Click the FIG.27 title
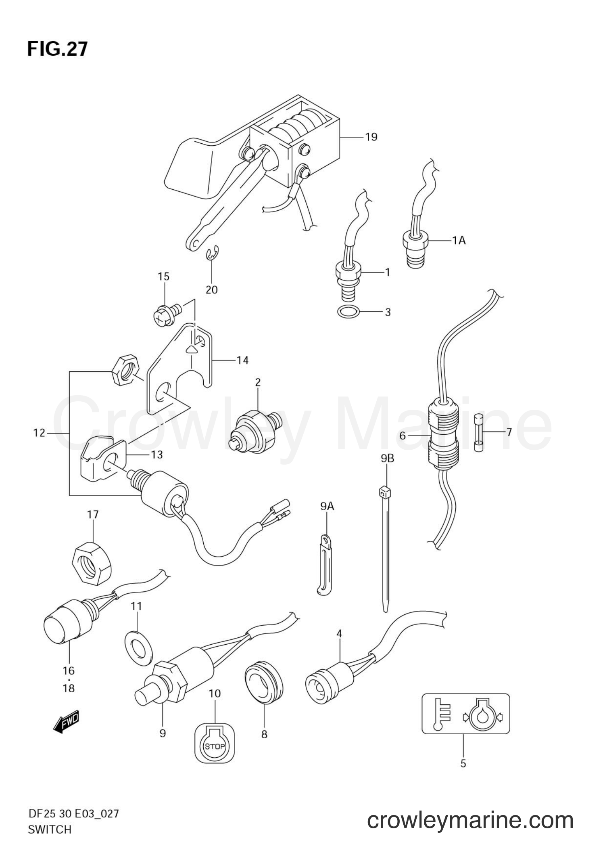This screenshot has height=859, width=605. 57,49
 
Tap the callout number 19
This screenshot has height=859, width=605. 371,137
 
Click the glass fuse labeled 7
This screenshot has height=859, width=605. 478,432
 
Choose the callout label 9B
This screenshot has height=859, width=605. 387,458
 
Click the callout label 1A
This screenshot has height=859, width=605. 459,241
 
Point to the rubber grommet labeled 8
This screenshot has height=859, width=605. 264,682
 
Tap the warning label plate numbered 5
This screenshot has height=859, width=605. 466,713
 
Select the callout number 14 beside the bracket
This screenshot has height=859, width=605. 242,360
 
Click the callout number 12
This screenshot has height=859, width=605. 39,433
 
